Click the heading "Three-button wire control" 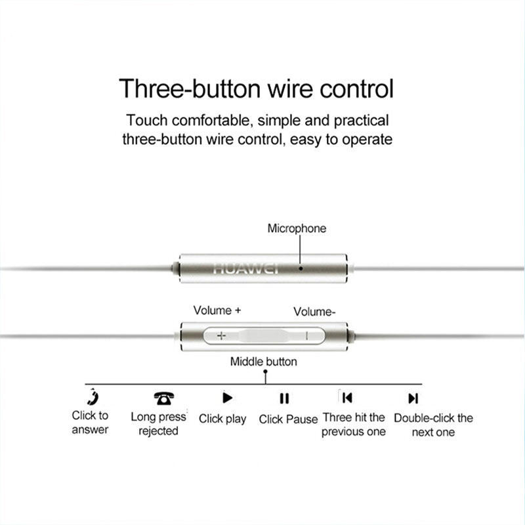[x=256, y=89]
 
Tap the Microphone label [x=297, y=228]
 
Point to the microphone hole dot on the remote [x=301, y=268]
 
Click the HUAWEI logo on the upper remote [x=246, y=268]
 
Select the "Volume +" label [x=217, y=310]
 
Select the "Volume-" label [x=314, y=312]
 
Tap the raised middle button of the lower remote [x=264, y=335]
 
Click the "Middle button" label [x=264, y=362]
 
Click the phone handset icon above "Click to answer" [x=92, y=397]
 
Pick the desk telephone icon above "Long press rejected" [x=163, y=398]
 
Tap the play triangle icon [x=227, y=398]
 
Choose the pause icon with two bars [x=284, y=398]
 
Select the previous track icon [x=347, y=398]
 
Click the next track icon [x=413, y=398]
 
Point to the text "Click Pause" [x=288, y=419]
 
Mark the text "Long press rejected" [x=158, y=423]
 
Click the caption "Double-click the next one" [x=433, y=425]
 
